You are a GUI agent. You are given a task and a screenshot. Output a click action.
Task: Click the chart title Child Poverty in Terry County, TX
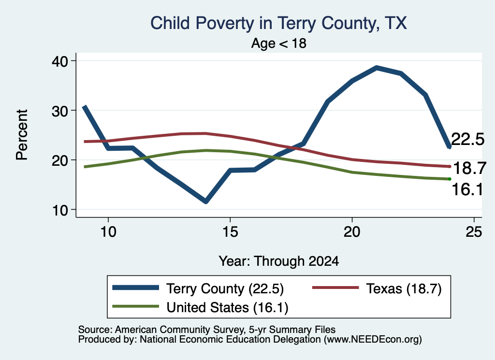[278, 23]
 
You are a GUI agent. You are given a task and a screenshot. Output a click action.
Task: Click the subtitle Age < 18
[279, 43]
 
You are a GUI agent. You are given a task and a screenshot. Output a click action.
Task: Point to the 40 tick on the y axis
[60, 61]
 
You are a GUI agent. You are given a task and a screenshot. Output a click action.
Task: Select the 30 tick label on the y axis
[60, 111]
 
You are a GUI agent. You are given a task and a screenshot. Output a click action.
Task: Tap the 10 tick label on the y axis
[60, 210]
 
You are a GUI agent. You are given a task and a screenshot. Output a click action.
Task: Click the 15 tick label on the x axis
[230, 232]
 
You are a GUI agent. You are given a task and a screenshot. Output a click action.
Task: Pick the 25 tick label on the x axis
[474, 232]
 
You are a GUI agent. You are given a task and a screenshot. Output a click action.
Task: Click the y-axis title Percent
[22, 135]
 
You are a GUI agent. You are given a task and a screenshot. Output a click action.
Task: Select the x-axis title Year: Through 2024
[279, 261]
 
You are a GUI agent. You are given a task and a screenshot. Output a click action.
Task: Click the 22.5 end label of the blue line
[467, 139]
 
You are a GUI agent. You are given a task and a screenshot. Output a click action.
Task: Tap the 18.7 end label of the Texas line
[469, 168]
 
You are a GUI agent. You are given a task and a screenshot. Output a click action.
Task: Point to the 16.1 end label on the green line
[467, 189]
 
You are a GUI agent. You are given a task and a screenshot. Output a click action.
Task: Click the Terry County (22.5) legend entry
[198, 288]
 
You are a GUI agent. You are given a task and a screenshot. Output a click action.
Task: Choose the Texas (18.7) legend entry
[377, 288]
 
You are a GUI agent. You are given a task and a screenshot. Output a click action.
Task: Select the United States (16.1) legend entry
[200, 307]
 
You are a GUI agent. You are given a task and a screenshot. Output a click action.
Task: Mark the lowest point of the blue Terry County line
[206, 201]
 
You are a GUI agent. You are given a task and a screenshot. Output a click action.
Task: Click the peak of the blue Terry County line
[376, 68]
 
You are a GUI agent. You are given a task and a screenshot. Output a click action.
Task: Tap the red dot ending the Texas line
[450, 166]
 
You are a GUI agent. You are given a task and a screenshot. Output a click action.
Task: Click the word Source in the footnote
[95, 330]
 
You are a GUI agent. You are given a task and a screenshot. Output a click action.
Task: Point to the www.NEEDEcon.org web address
[372, 339]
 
